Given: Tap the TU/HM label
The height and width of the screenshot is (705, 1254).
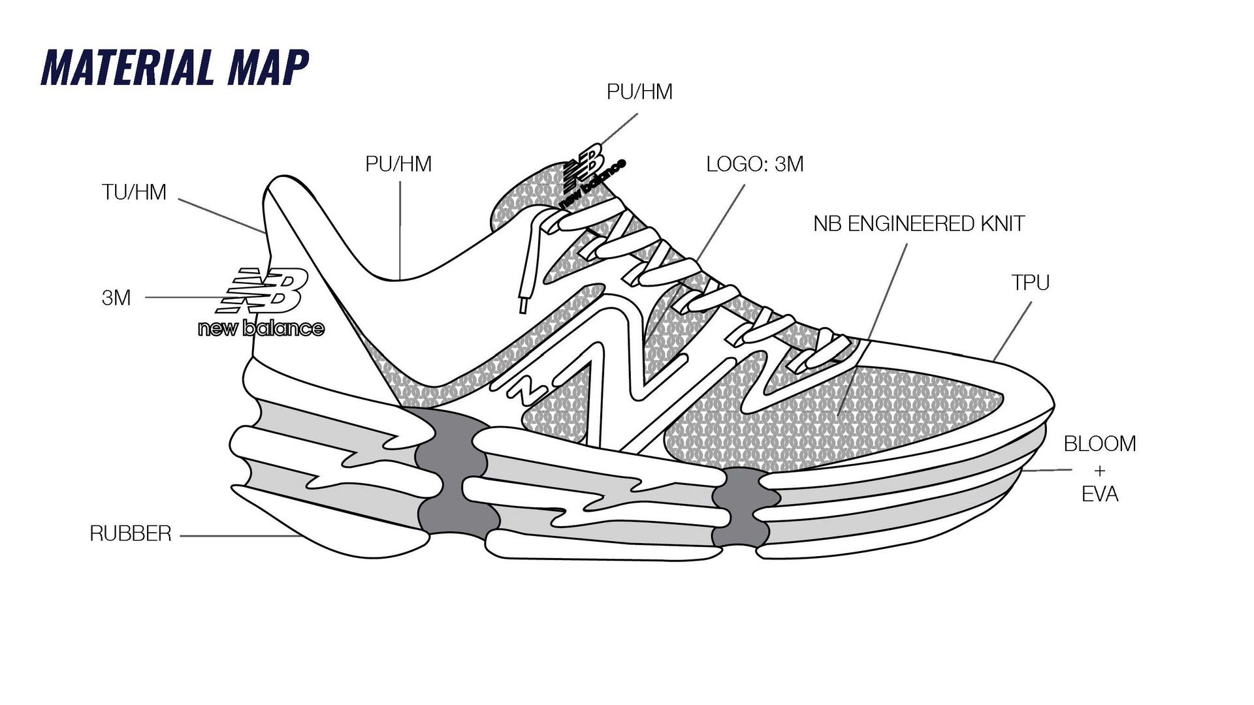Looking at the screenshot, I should (x=134, y=193).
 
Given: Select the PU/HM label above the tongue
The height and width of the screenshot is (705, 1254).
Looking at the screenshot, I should (x=639, y=92).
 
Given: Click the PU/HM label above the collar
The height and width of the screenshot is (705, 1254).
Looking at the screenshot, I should (x=398, y=164).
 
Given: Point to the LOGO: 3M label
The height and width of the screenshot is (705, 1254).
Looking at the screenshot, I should (x=754, y=164).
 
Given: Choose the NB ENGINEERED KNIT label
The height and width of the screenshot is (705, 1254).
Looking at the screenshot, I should (x=918, y=224).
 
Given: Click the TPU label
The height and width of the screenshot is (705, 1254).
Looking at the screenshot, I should (x=1030, y=283).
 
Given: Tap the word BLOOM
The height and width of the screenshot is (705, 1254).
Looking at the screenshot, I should (x=1100, y=444).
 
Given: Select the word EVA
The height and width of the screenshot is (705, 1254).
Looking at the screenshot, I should (x=1100, y=494).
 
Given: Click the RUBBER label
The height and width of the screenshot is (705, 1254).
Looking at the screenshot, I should (x=131, y=534).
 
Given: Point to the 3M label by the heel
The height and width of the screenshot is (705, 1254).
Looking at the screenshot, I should (x=116, y=298).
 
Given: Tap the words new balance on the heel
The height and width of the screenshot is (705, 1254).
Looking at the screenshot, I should (x=261, y=328).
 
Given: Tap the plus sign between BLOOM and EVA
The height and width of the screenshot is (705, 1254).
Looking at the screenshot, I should (x=1100, y=469).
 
